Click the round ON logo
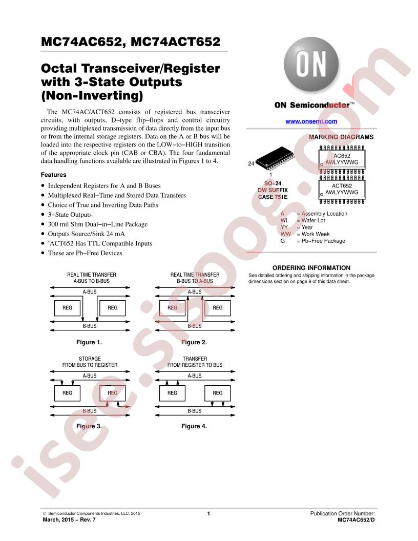point(311,65)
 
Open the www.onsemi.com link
point(311,121)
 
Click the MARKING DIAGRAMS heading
point(341,137)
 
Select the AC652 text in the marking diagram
point(342,156)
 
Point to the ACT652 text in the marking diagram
point(342,185)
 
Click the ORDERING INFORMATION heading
point(311,268)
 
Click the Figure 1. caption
point(89,342)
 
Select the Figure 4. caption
point(194,426)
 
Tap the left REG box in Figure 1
point(67,308)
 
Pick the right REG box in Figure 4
point(218,393)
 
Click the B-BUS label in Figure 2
point(195,326)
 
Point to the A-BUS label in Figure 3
point(90,376)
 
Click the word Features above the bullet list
point(53,175)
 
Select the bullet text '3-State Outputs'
point(70,215)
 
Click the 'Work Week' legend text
point(316,234)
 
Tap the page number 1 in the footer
point(208,513)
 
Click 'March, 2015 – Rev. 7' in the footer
point(69,519)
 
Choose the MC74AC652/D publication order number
point(356,519)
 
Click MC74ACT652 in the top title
point(176,41)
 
